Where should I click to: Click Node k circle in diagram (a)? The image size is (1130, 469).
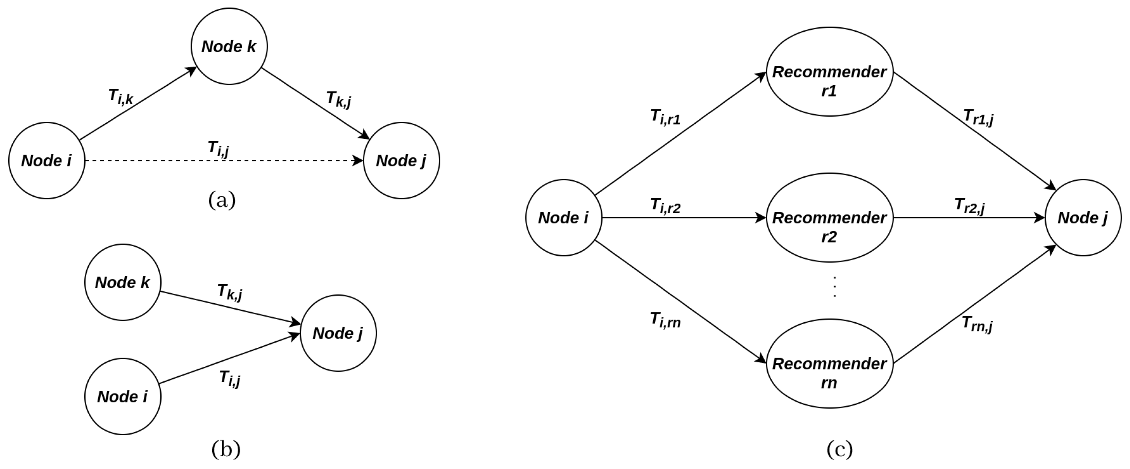click(229, 46)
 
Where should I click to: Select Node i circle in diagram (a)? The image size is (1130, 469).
click(46, 160)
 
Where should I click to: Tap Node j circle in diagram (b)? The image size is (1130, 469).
click(338, 333)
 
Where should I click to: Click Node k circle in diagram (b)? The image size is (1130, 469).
click(122, 282)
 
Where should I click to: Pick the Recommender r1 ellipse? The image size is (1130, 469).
click(829, 72)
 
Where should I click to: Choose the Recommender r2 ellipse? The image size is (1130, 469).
click(829, 218)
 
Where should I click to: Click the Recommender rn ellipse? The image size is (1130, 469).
click(829, 364)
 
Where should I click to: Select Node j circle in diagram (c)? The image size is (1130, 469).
click(1082, 218)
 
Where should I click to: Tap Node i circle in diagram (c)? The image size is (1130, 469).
click(563, 218)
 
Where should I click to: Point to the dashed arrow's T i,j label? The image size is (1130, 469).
click(219, 148)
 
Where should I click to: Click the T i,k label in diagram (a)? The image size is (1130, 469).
click(121, 97)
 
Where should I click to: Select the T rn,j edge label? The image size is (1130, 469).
click(977, 324)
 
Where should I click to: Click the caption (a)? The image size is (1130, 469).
click(222, 200)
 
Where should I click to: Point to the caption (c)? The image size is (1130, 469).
click(839, 449)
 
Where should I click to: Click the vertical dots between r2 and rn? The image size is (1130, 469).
click(834, 287)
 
